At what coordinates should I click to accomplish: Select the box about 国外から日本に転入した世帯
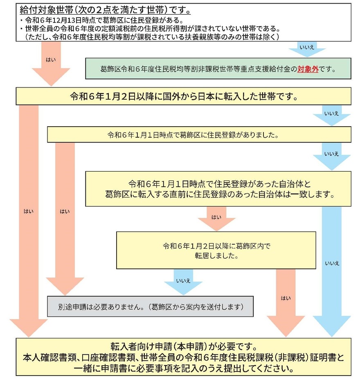[183, 97]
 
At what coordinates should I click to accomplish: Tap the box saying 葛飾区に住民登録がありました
[199, 134]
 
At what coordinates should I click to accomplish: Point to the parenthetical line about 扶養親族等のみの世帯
[151, 37]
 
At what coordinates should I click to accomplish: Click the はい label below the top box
[52, 59]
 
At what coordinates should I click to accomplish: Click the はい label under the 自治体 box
[216, 217]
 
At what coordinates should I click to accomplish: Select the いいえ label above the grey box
[183, 280]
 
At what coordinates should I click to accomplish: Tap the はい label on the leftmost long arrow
[29, 211]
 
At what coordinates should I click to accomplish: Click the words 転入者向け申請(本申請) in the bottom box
[131, 346]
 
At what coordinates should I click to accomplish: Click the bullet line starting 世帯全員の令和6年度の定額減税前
[155, 29]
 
